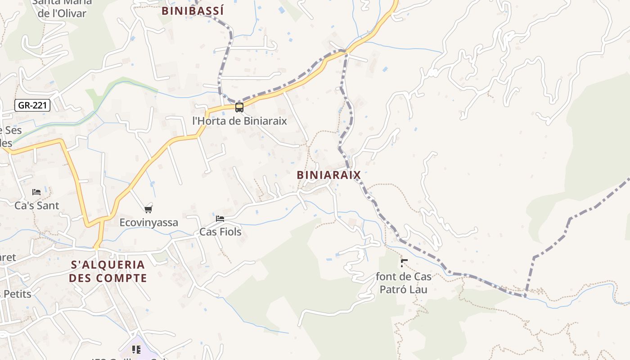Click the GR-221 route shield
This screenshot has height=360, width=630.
point(32,106)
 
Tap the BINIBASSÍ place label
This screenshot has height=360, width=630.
point(193,11)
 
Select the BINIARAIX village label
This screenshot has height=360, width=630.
point(329,175)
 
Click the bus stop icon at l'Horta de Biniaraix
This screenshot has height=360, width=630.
point(239,108)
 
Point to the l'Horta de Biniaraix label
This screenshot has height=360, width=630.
point(239,121)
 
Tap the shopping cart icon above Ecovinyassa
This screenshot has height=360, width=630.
point(148,209)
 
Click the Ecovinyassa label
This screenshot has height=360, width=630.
point(148,222)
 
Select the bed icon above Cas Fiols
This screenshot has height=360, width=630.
point(220,219)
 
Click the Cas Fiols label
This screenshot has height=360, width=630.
point(220,232)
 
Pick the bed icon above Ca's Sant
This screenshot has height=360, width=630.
point(36,192)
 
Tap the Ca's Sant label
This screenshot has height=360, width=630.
point(37,206)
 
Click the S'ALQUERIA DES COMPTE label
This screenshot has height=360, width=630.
point(108,271)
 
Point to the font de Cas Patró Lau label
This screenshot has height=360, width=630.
point(404,283)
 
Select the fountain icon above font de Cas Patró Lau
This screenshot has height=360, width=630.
point(404,263)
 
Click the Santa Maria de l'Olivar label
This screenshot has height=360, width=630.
point(62,7)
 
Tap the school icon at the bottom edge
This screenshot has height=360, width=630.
point(136,350)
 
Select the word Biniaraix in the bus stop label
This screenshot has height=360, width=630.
point(265,121)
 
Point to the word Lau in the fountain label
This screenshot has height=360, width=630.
point(418,289)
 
